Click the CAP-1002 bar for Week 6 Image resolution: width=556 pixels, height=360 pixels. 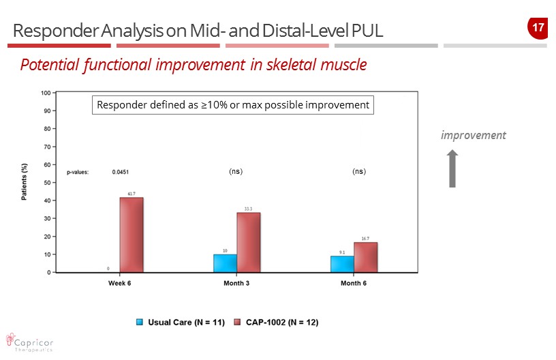(x=132, y=235)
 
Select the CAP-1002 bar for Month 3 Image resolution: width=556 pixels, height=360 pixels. (x=249, y=243)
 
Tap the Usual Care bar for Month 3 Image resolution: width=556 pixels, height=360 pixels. (x=226, y=263)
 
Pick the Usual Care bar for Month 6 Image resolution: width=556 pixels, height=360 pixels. (x=342, y=264)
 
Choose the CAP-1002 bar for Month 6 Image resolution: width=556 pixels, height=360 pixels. (x=365, y=257)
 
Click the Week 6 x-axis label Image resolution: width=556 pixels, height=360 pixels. (x=120, y=284)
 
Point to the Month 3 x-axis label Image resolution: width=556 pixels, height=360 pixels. (x=236, y=284)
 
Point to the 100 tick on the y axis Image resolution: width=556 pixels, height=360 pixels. (x=46, y=92)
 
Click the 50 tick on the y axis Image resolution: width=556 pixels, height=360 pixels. (x=47, y=182)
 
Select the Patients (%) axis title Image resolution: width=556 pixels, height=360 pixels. (x=25, y=182)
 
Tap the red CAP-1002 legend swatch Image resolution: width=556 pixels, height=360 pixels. (x=238, y=321)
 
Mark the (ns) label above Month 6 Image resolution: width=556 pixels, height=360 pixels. (x=359, y=172)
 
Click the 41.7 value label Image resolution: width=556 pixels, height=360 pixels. (x=132, y=194)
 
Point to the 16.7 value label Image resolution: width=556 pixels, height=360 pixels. (x=365, y=239)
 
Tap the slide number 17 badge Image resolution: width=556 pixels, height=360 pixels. (x=537, y=28)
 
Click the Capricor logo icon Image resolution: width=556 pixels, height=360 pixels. (x=10, y=339)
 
